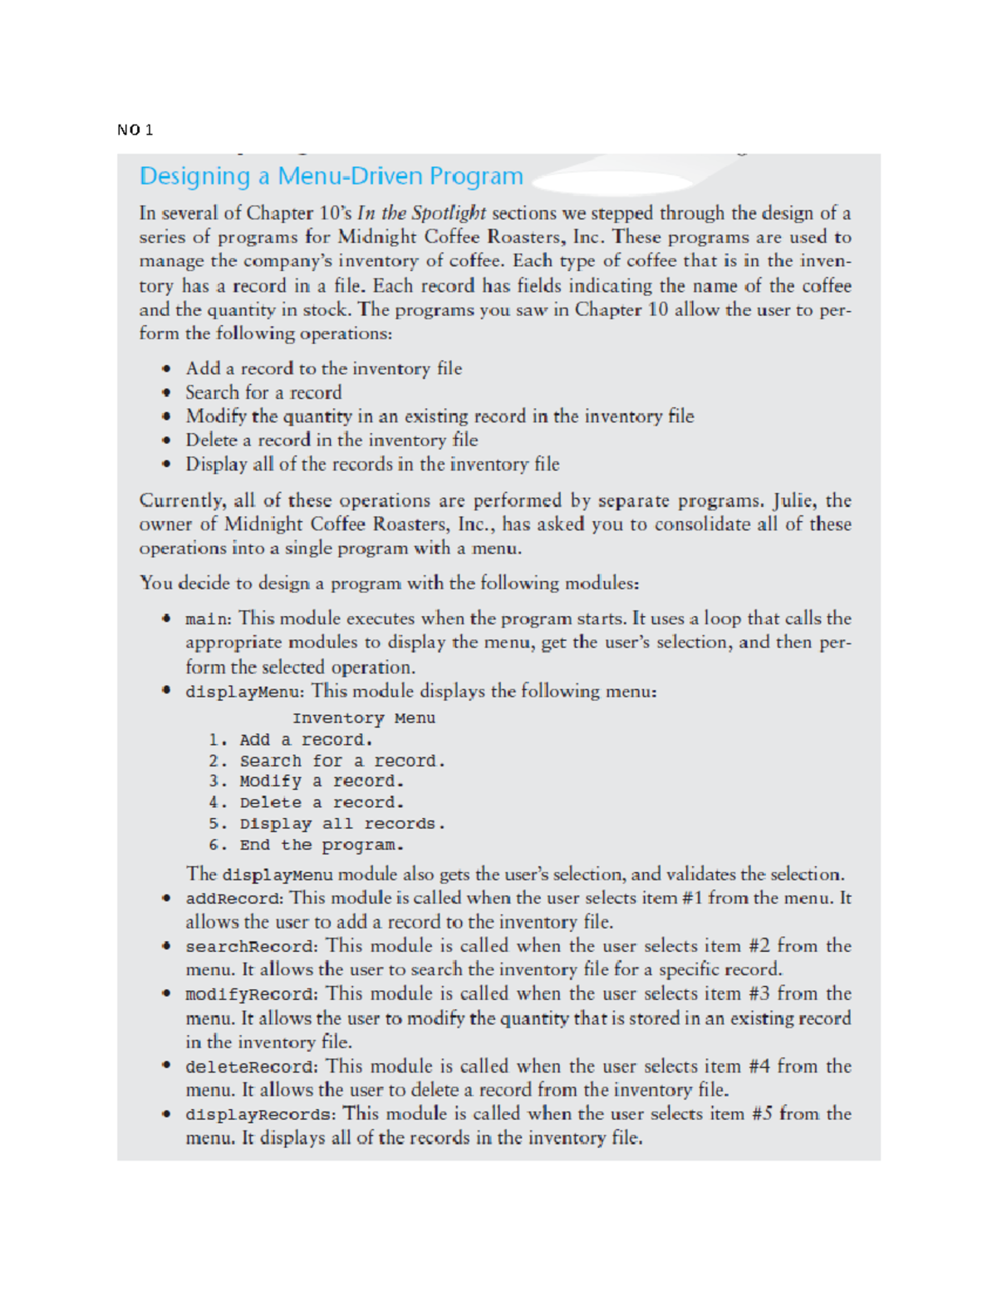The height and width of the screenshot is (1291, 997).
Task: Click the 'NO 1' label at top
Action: (135, 130)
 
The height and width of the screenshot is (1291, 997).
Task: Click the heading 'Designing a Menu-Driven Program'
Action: (331, 176)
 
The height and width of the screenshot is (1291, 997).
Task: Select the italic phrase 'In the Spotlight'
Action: (421, 213)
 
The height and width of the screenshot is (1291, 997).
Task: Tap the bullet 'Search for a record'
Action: (263, 392)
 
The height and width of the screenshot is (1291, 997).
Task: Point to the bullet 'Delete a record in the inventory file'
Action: (332, 440)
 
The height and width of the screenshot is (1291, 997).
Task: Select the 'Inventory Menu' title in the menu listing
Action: (363, 718)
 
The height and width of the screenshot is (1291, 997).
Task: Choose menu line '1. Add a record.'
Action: (291, 740)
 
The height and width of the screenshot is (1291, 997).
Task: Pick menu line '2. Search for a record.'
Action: (327, 761)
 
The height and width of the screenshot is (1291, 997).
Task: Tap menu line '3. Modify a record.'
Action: (306, 781)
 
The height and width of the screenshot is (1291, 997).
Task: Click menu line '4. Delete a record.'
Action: (306, 803)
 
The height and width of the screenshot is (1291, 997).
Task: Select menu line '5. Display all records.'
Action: (327, 824)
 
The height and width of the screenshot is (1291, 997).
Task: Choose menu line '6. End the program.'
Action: (306, 845)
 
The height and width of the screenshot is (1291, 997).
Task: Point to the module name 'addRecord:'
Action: (234, 899)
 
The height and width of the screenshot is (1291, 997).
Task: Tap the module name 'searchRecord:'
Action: (251, 947)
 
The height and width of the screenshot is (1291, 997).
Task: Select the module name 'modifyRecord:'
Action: (251, 994)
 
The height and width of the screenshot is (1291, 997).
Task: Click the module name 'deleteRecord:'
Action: (251, 1067)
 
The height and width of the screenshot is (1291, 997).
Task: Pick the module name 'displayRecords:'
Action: (261, 1115)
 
